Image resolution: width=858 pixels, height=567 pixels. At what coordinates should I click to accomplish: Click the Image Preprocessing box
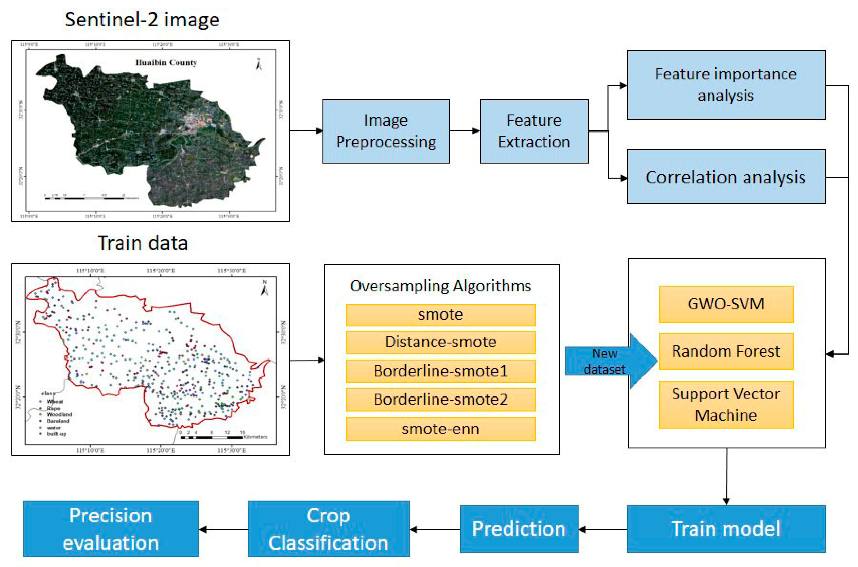click(x=386, y=131)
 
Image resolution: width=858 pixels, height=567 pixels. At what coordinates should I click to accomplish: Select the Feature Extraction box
click(x=534, y=131)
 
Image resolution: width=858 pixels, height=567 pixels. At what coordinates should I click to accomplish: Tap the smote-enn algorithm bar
click(x=441, y=429)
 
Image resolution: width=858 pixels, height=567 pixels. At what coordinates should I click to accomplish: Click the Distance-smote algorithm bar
click(x=441, y=342)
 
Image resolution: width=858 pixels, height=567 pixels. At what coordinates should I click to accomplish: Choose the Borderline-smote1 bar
click(x=441, y=371)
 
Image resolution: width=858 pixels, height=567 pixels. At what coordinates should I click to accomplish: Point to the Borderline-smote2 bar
click(x=441, y=400)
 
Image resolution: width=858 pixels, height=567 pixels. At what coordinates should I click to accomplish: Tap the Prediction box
click(x=519, y=529)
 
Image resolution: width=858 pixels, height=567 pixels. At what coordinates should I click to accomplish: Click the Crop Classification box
click(x=328, y=529)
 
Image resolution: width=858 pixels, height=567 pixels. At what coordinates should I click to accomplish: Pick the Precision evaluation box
click(x=111, y=529)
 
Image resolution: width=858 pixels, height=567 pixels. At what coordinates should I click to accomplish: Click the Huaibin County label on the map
click(x=166, y=63)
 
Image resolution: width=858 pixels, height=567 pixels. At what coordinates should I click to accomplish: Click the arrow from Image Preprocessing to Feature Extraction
click(x=465, y=131)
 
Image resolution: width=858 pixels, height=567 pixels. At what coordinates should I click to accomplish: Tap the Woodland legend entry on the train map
click(x=59, y=414)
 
